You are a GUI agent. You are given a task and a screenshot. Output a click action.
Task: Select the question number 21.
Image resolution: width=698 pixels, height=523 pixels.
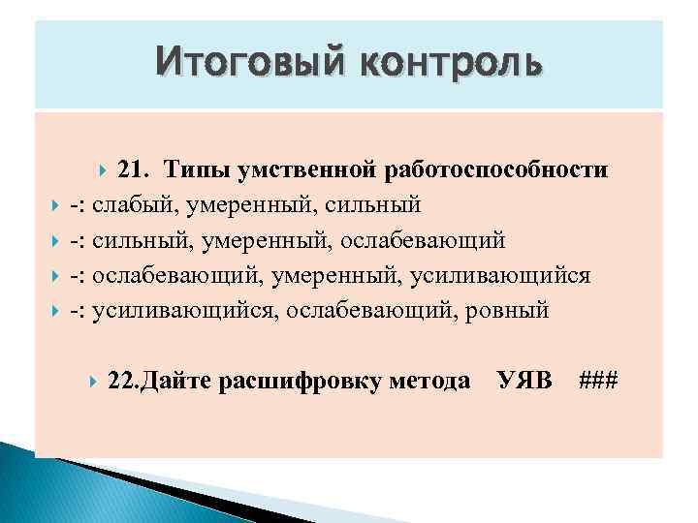coord(136,170)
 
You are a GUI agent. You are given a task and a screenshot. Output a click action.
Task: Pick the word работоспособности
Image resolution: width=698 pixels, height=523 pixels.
coord(496,170)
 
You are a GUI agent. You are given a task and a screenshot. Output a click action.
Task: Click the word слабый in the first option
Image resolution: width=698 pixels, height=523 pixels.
coord(136,205)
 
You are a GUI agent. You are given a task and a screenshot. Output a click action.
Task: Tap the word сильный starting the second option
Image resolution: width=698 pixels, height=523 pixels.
coord(136,240)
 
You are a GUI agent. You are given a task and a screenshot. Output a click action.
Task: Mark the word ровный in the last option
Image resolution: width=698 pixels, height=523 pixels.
coord(509,310)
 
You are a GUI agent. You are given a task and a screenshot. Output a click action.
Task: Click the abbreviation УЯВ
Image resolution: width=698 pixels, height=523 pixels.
coord(524,381)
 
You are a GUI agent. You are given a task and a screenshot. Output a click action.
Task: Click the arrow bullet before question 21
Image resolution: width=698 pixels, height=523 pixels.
coord(105,171)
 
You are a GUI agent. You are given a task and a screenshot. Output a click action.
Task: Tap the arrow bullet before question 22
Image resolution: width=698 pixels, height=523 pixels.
coord(93,382)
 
